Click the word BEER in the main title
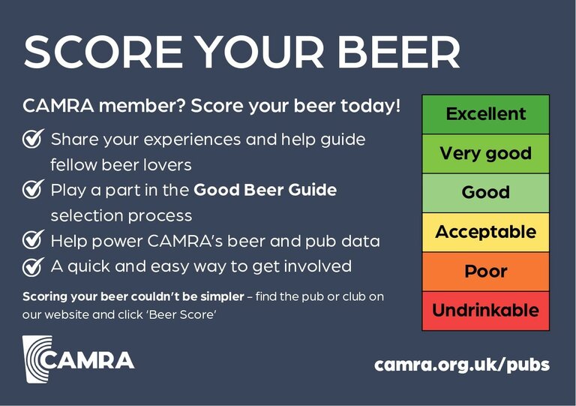[x=399, y=52]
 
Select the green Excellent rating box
[x=486, y=114]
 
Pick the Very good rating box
[x=486, y=154]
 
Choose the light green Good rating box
[x=486, y=193]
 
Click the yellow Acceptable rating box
[x=486, y=232]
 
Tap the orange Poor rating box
[x=486, y=272]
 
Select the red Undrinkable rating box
[x=486, y=311]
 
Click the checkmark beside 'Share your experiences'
[x=33, y=139]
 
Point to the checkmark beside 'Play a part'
[x=33, y=189]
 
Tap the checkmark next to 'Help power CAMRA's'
[x=33, y=239]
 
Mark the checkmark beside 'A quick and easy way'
[x=33, y=266]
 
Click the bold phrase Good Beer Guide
[x=265, y=190]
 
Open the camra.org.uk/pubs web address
[x=462, y=365]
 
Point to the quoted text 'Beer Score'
[x=182, y=315]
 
